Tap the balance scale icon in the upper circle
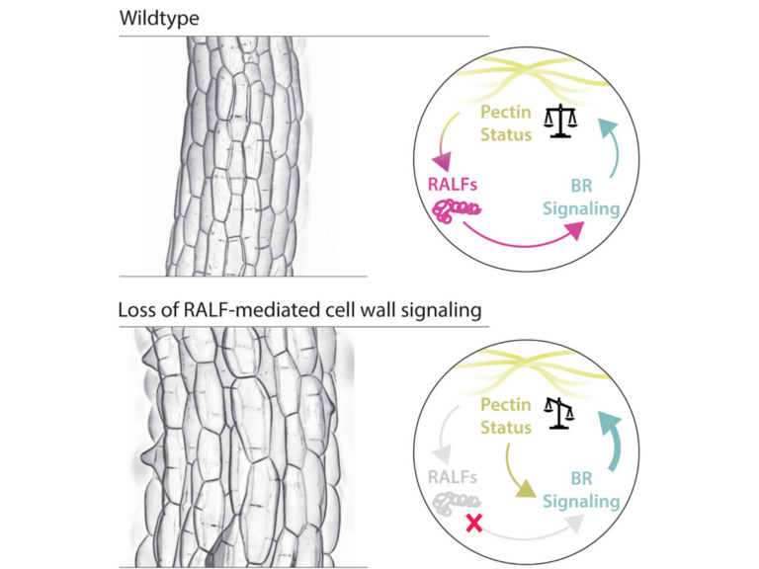tap(561, 122)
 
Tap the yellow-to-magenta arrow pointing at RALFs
tap(440, 143)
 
